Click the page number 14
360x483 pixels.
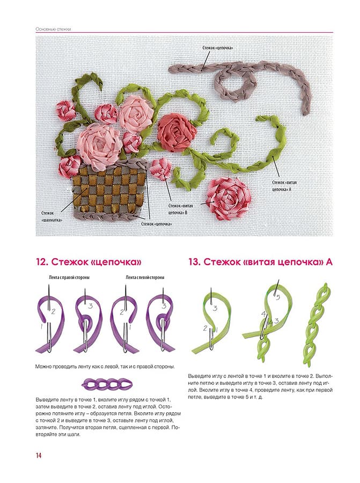coord(39,455)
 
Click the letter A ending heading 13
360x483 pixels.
coord(329,262)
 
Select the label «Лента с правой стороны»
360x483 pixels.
coord(69,277)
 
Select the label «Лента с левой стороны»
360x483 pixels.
coord(145,277)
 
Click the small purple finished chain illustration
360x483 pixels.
coord(107,384)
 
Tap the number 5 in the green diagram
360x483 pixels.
coord(277,297)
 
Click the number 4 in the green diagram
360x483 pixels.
coord(263,314)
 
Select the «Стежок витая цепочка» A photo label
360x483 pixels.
coord(284,186)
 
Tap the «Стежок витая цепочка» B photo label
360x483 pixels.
coord(180,209)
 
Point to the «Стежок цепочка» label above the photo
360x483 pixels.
coord(218,48)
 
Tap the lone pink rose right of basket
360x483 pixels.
coord(229,199)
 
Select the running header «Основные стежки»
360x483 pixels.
coord(53,29)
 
